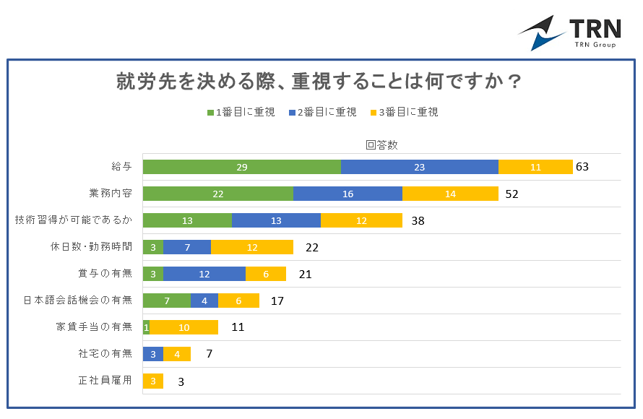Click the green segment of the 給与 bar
(241, 167)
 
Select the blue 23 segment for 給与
(419, 167)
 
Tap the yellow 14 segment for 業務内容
(450, 194)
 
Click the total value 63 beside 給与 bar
(582, 167)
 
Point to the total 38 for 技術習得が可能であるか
(418, 220)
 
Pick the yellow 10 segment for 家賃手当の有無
(184, 327)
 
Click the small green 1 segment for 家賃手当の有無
(146, 327)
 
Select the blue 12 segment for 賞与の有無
(204, 274)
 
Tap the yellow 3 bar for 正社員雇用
(153, 381)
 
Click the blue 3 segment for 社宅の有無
(153, 354)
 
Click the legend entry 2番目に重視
(323, 112)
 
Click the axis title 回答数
(381, 144)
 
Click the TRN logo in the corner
(570, 33)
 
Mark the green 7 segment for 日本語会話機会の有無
(167, 301)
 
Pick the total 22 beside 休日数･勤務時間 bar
(312, 247)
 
